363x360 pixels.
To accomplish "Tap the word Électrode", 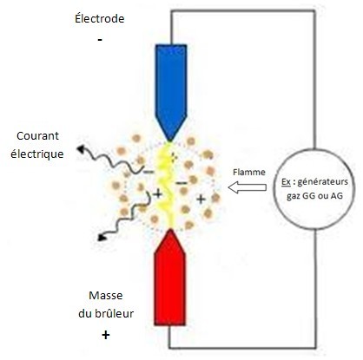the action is (100, 18).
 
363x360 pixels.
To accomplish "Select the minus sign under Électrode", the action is (100, 39).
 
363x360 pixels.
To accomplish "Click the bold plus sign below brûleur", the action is (106, 335).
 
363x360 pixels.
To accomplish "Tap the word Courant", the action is (37, 135).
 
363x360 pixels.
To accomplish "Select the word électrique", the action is (37, 154).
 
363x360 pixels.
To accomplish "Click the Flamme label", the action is (249, 173).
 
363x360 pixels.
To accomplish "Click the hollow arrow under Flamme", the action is (247, 187).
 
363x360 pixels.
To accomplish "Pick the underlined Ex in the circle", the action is (286, 182).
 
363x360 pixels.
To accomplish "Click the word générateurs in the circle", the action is (322, 182).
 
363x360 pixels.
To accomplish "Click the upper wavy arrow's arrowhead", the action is (81, 149).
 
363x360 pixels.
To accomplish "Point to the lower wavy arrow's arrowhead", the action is (102, 237).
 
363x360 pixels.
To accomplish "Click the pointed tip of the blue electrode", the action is (170, 141).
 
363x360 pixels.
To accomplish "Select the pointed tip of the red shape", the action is (170, 230).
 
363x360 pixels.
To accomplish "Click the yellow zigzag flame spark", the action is (165, 185).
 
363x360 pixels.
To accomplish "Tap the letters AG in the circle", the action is (337, 196).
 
